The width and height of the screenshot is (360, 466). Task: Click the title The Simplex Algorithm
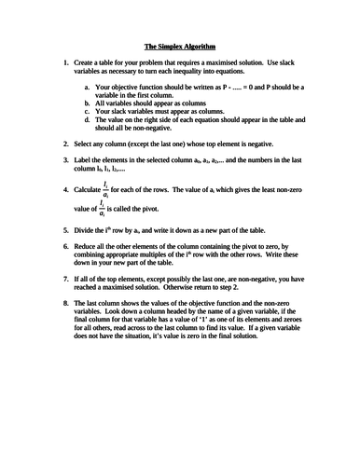click(x=180, y=45)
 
